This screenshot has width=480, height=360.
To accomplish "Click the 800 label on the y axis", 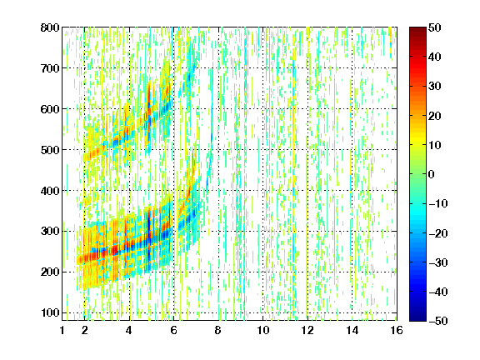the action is [x=50, y=27].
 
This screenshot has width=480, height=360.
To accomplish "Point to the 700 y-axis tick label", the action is [x=50, y=68].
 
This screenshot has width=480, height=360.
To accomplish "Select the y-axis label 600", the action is [x=50, y=109].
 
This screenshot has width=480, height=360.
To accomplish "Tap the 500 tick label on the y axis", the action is [x=50, y=150].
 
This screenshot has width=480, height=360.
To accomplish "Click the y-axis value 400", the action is [x=50, y=191].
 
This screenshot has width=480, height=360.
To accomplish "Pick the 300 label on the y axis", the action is [x=50, y=231].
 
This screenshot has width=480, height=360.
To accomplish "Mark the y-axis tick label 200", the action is [x=50, y=272].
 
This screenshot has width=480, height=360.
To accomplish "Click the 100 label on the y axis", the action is [x=50, y=312].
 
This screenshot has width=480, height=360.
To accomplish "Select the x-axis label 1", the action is [x=62, y=330].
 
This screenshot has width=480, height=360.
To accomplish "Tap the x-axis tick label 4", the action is [x=129, y=330].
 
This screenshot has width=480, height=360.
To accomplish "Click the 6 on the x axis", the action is [x=173, y=330].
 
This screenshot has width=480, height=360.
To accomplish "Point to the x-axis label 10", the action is [x=263, y=330].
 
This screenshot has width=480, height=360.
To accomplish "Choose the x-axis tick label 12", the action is [x=307, y=330].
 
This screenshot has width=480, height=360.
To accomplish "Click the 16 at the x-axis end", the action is [x=397, y=330].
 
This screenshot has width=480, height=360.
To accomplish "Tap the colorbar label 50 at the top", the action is [x=434, y=27].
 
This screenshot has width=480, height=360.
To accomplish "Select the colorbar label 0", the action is [x=431, y=174].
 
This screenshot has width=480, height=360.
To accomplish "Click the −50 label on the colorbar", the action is [x=438, y=321].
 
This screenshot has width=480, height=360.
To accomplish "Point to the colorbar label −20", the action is [x=438, y=233].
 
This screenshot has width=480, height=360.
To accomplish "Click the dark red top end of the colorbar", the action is [x=417, y=29].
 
